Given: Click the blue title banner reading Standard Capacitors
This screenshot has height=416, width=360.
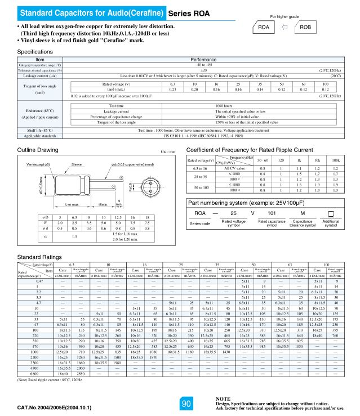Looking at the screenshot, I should (x=84, y=12).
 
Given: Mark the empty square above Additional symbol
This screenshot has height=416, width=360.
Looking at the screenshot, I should (x=331, y=213).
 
